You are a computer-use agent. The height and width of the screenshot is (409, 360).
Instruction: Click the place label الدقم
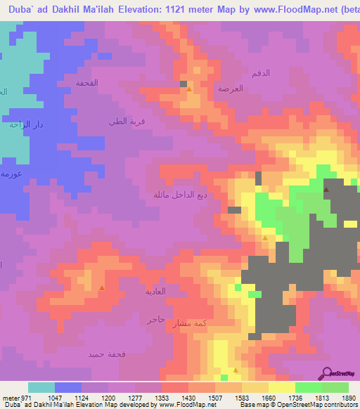[x=260, y=73]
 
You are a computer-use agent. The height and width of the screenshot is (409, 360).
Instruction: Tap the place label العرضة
[x=230, y=90]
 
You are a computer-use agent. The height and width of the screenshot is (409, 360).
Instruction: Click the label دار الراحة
[x=23, y=125]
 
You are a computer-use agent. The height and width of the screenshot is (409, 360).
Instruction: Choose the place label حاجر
[x=155, y=319]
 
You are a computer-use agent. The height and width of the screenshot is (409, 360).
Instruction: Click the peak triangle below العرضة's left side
[x=188, y=89]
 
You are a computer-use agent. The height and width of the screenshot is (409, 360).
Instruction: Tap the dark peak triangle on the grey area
[x=326, y=190]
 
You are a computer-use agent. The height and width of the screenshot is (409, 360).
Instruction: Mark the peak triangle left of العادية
[x=102, y=288]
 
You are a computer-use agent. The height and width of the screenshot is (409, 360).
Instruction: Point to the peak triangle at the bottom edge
[x=236, y=369]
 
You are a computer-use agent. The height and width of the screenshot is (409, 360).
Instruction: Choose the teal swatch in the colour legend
[x=41, y=387]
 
